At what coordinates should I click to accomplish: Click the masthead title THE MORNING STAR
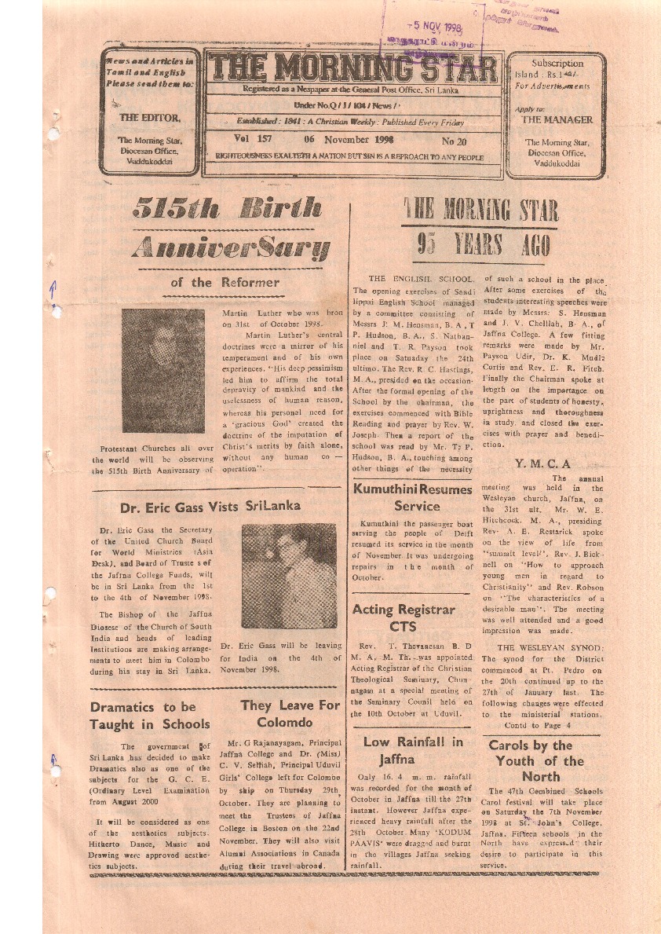(352, 69)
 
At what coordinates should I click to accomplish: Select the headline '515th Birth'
(227, 209)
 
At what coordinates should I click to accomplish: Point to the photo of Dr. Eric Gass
(288, 575)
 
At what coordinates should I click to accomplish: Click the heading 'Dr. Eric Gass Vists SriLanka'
(210, 507)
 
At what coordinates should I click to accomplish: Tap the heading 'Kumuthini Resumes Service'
(411, 497)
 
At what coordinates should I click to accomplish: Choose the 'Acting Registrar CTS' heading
(404, 617)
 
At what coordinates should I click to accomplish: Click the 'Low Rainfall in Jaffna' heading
(413, 750)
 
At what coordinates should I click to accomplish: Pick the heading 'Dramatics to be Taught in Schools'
(149, 716)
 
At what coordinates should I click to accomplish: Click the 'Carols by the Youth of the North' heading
(541, 760)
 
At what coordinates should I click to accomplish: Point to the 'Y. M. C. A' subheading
(542, 463)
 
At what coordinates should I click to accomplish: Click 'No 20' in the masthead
(454, 141)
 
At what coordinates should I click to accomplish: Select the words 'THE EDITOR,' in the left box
(149, 118)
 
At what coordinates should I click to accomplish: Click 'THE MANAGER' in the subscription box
(557, 120)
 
